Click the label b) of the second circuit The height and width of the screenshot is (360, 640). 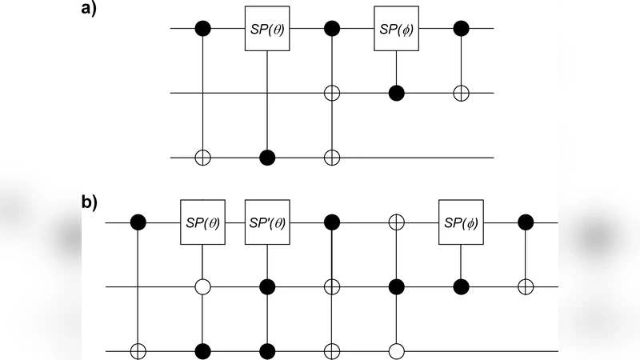click(90, 202)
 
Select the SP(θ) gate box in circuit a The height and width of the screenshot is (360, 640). click(266, 31)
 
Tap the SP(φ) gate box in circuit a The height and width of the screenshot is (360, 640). click(396, 31)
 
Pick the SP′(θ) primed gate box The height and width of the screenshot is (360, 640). click(266, 222)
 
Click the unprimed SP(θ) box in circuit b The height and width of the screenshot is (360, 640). click(202, 222)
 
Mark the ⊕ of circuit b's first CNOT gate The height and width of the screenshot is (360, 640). click(138, 350)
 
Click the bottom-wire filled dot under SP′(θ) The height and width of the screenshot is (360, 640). click(266, 350)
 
